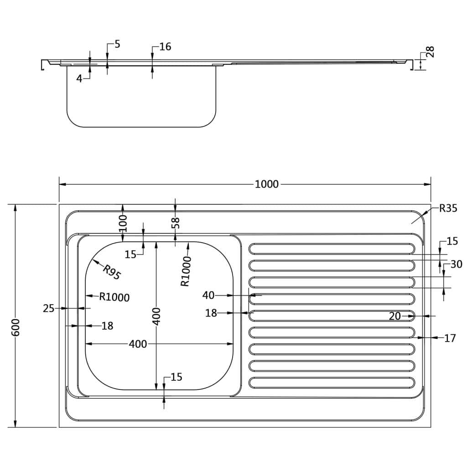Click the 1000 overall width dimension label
click(x=266, y=184)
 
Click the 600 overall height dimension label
click(x=16, y=327)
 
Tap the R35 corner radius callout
click(x=448, y=209)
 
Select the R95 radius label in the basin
click(x=111, y=272)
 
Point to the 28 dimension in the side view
click(x=430, y=52)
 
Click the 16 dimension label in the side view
click(x=165, y=47)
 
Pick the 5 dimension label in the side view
click(x=117, y=44)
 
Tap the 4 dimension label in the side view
click(x=79, y=78)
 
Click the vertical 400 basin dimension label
click(x=156, y=316)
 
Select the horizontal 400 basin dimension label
click(x=138, y=344)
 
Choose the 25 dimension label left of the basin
click(x=49, y=309)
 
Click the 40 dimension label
click(x=208, y=296)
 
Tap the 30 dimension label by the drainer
click(x=456, y=264)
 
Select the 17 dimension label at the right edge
click(x=450, y=338)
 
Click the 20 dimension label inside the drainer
click(x=395, y=316)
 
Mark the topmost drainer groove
click(x=332, y=249)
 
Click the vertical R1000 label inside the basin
click(x=185, y=271)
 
